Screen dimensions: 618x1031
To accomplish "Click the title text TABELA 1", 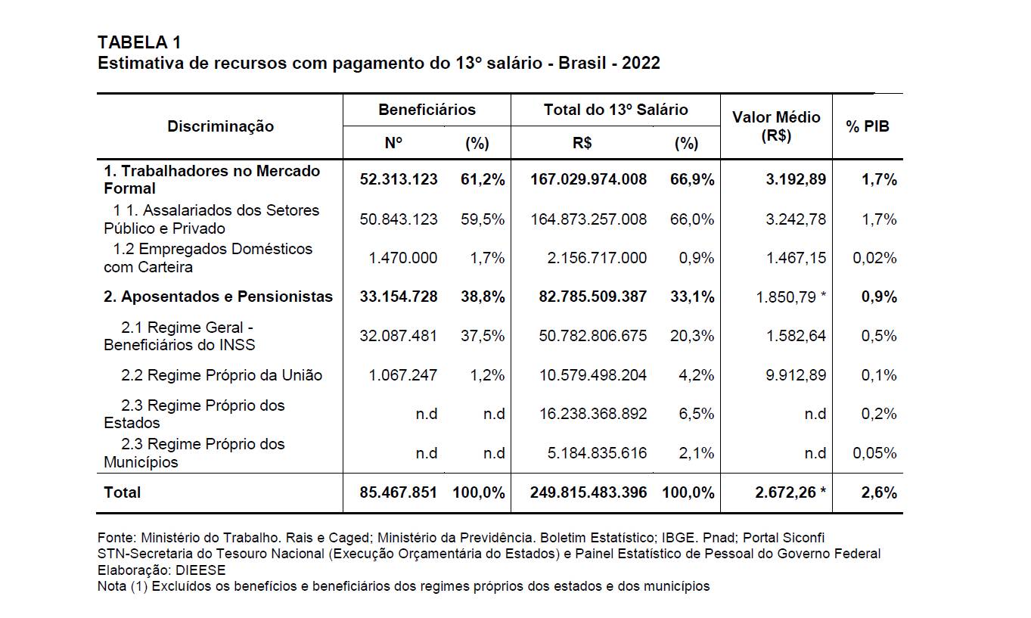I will pyautogui.click(x=139, y=42).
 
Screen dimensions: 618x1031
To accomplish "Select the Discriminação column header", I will pyautogui.click(x=220, y=126).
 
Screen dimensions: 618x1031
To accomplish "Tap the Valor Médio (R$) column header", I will pyautogui.click(x=776, y=126).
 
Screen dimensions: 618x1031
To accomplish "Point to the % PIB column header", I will pyautogui.click(x=868, y=126).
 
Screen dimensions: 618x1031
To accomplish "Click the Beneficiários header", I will pyautogui.click(x=427, y=110).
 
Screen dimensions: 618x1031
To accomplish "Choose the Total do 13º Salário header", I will pyautogui.click(x=616, y=110).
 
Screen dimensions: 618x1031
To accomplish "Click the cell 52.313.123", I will pyautogui.click(x=399, y=179).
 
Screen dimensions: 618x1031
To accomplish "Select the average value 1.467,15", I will pyautogui.click(x=796, y=258).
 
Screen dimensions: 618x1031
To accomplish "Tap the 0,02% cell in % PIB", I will pyautogui.click(x=874, y=258).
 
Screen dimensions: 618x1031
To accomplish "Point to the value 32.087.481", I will pyautogui.click(x=399, y=336).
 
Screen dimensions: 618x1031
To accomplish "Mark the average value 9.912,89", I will pyautogui.click(x=796, y=375).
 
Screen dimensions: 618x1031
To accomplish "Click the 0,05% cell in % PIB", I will pyautogui.click(x=874, y=453).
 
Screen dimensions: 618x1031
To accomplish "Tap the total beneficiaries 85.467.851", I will pyautogui.click(x=399, y=492).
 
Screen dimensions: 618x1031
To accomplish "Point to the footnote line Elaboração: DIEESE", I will pyautogui.click(x=161, y=570).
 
